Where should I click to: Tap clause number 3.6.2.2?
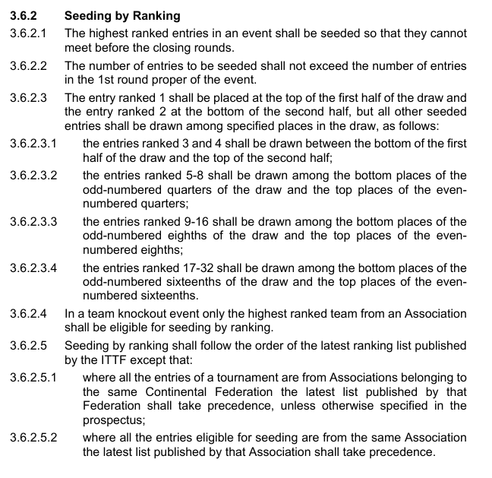[28, 66]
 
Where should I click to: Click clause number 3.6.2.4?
[28, 312]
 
